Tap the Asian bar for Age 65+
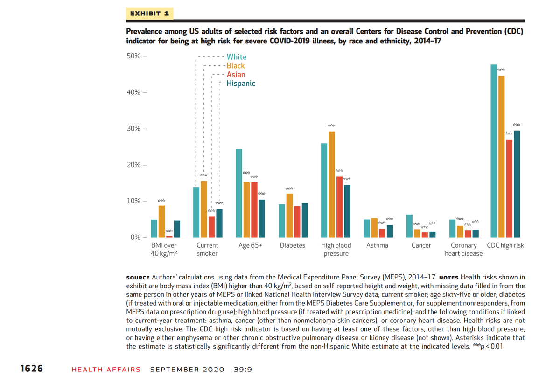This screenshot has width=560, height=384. (254, 209)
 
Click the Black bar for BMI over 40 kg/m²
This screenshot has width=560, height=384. (161, 222)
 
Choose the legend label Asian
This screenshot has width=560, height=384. (236, 75)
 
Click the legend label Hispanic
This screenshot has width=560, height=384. (241, 84)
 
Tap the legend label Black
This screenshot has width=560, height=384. (236, 66)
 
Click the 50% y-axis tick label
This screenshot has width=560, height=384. (133, 56)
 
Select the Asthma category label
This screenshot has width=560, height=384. (377, 245)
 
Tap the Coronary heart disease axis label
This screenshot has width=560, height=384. (463, 249)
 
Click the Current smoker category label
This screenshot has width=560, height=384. (207, 249)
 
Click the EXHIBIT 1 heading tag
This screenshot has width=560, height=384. (149, 14)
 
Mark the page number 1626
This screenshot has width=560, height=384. (32, 369)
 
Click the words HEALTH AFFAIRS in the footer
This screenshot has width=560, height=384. (106, 370)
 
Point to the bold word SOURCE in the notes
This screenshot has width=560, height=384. (138, 277)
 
